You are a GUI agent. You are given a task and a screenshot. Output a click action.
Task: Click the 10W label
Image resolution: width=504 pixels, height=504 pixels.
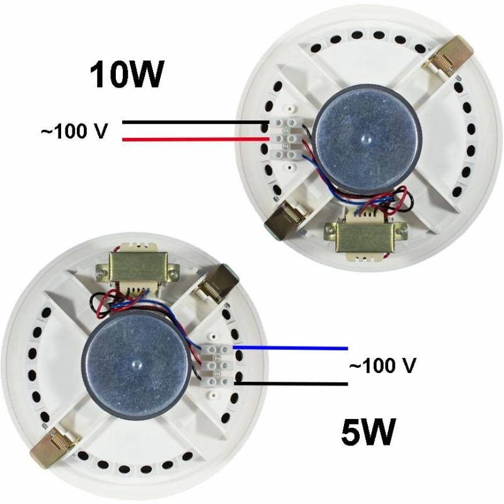click(x=127, y=74)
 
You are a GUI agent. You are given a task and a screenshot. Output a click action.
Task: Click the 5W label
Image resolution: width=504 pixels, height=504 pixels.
click(x=368, y=432)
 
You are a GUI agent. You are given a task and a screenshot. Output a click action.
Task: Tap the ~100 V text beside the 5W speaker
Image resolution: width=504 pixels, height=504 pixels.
click(x=382, y=365)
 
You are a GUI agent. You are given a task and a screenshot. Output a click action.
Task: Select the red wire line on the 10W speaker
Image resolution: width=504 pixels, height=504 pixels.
click(x=196, y=139)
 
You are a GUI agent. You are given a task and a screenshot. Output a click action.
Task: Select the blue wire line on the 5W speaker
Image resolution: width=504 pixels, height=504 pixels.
click(x=290, y=348)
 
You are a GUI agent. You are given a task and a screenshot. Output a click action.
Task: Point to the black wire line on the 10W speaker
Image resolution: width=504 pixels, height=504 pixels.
click(x=196, y=122)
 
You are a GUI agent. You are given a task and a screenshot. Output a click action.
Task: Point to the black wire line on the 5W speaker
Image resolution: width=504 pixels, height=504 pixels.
click(x=291, y=384)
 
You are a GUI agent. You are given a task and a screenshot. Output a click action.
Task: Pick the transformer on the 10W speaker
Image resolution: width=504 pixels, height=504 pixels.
click(x=367, y=237)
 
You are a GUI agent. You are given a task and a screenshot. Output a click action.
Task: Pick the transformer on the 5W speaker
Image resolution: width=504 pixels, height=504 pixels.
click(x=137, y=270)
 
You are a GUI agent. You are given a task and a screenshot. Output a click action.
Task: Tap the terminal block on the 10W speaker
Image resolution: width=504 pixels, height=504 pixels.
click(x=289, y=139)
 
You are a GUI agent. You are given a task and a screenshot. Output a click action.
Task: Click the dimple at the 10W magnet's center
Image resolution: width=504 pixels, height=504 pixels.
click(x=365, y=139)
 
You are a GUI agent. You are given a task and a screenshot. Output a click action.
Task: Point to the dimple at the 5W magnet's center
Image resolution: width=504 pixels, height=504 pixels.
click(x=136, y=364)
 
